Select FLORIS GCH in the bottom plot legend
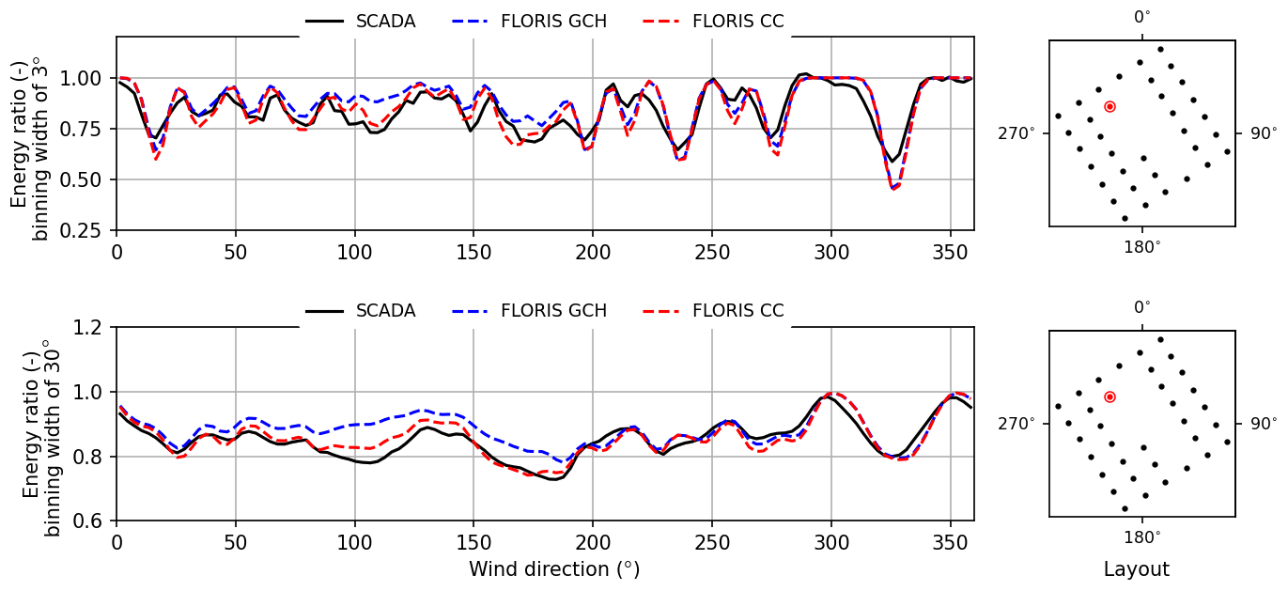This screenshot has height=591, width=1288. pyautogui.click(x=553, y=311)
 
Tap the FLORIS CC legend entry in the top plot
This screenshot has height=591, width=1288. pyautogui.click(x=737, y=21)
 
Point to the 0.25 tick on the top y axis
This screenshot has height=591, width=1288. pyautogui.click(x=89, y=231)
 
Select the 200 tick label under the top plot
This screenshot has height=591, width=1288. pyautogui.click(x=593, y=253)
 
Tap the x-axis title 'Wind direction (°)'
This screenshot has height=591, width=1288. pyautogui.click(x=553, y=569)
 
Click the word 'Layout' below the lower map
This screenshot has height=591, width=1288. pyautogui.click(x=1136, y=569)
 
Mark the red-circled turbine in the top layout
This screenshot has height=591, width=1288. pyautogui.click(x=1110, y=107)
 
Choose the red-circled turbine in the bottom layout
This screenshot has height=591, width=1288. pyautogui.click(x=1110, y=397)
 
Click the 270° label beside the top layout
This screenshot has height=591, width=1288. pyautogui.click(x=1016, y=133)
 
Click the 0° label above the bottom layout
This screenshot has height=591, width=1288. pyautogui.click(x=1141, y=307)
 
